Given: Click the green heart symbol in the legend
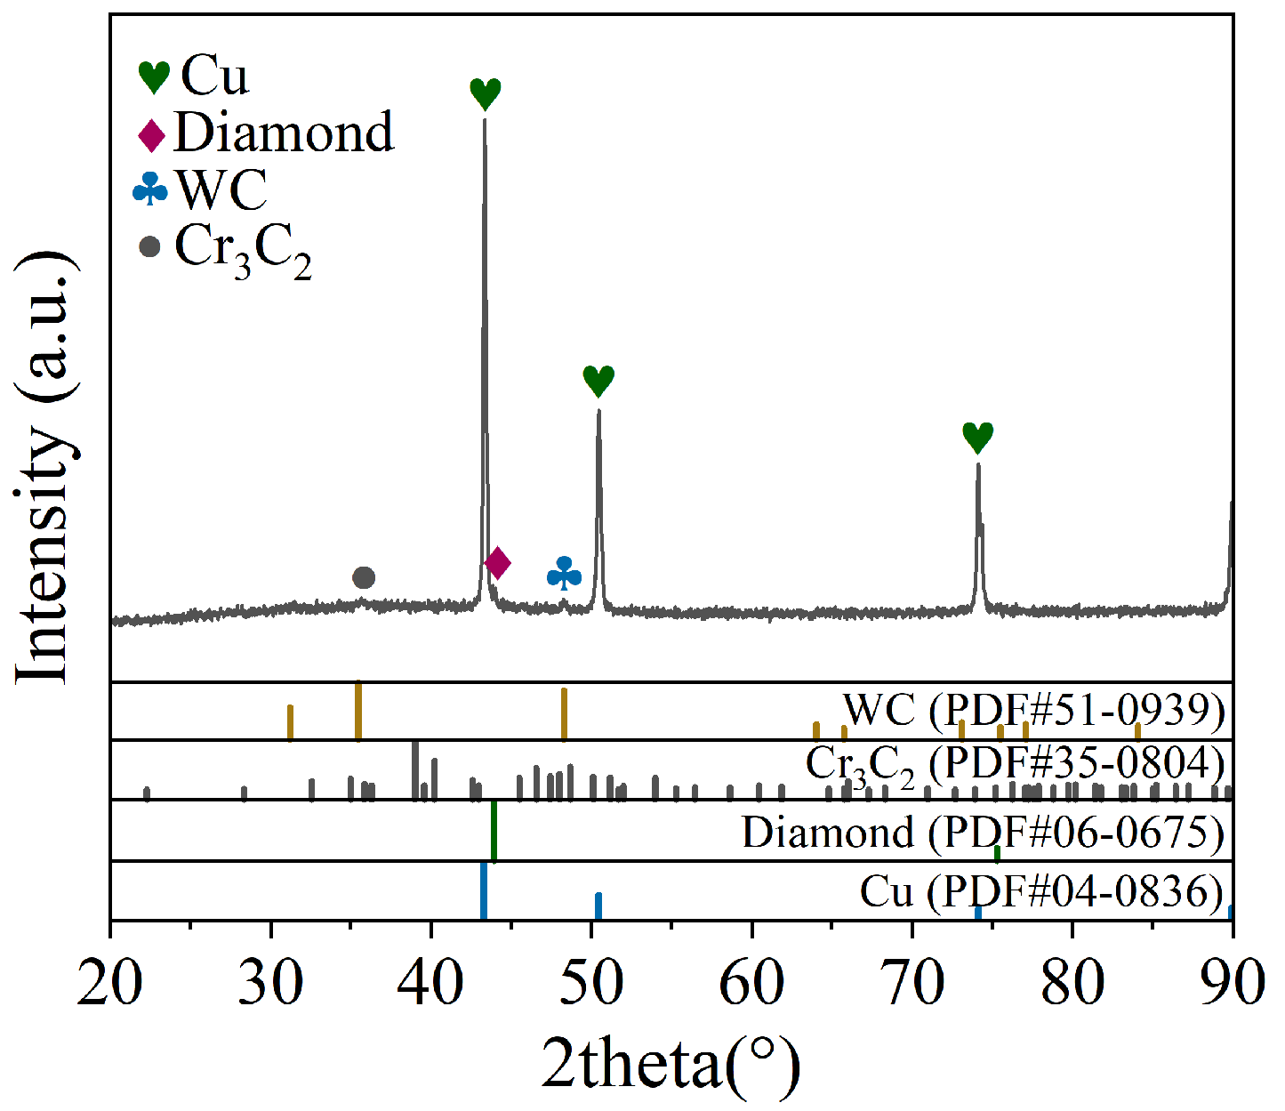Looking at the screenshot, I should pyautogui.click(x=154, y=77).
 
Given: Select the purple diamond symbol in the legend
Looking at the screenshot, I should pyautogui.click(x=152, y=135).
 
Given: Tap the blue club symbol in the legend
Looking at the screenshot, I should pyautogui.click(x=150, y=189).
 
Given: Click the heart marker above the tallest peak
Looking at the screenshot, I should pyautogui.click(x=486, y=93).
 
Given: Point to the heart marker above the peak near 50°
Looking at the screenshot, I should pyautogui.click(x=598, y=381).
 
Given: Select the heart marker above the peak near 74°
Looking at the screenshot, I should pyautogui.click(x=977, y=438).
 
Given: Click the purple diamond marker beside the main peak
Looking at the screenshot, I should pyautogui.click(x=497, y=562).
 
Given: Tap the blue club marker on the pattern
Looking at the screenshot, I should pyautogui.click(x=564, y=574).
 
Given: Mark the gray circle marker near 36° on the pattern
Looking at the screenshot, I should pyautogui.click(x=364, y=578).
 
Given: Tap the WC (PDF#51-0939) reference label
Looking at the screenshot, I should pyautogui.click(x=1033, y=710).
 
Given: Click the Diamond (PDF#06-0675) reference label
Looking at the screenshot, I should pyautogui.click(x=983, y=833).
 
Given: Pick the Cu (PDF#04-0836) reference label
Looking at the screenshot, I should pyautogui.click(x=1041, y=891).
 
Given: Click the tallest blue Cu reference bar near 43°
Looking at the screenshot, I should pyautogui.click(x=484, y=890).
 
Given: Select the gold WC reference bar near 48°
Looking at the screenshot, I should pyautogui.click(x=564, y=713).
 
